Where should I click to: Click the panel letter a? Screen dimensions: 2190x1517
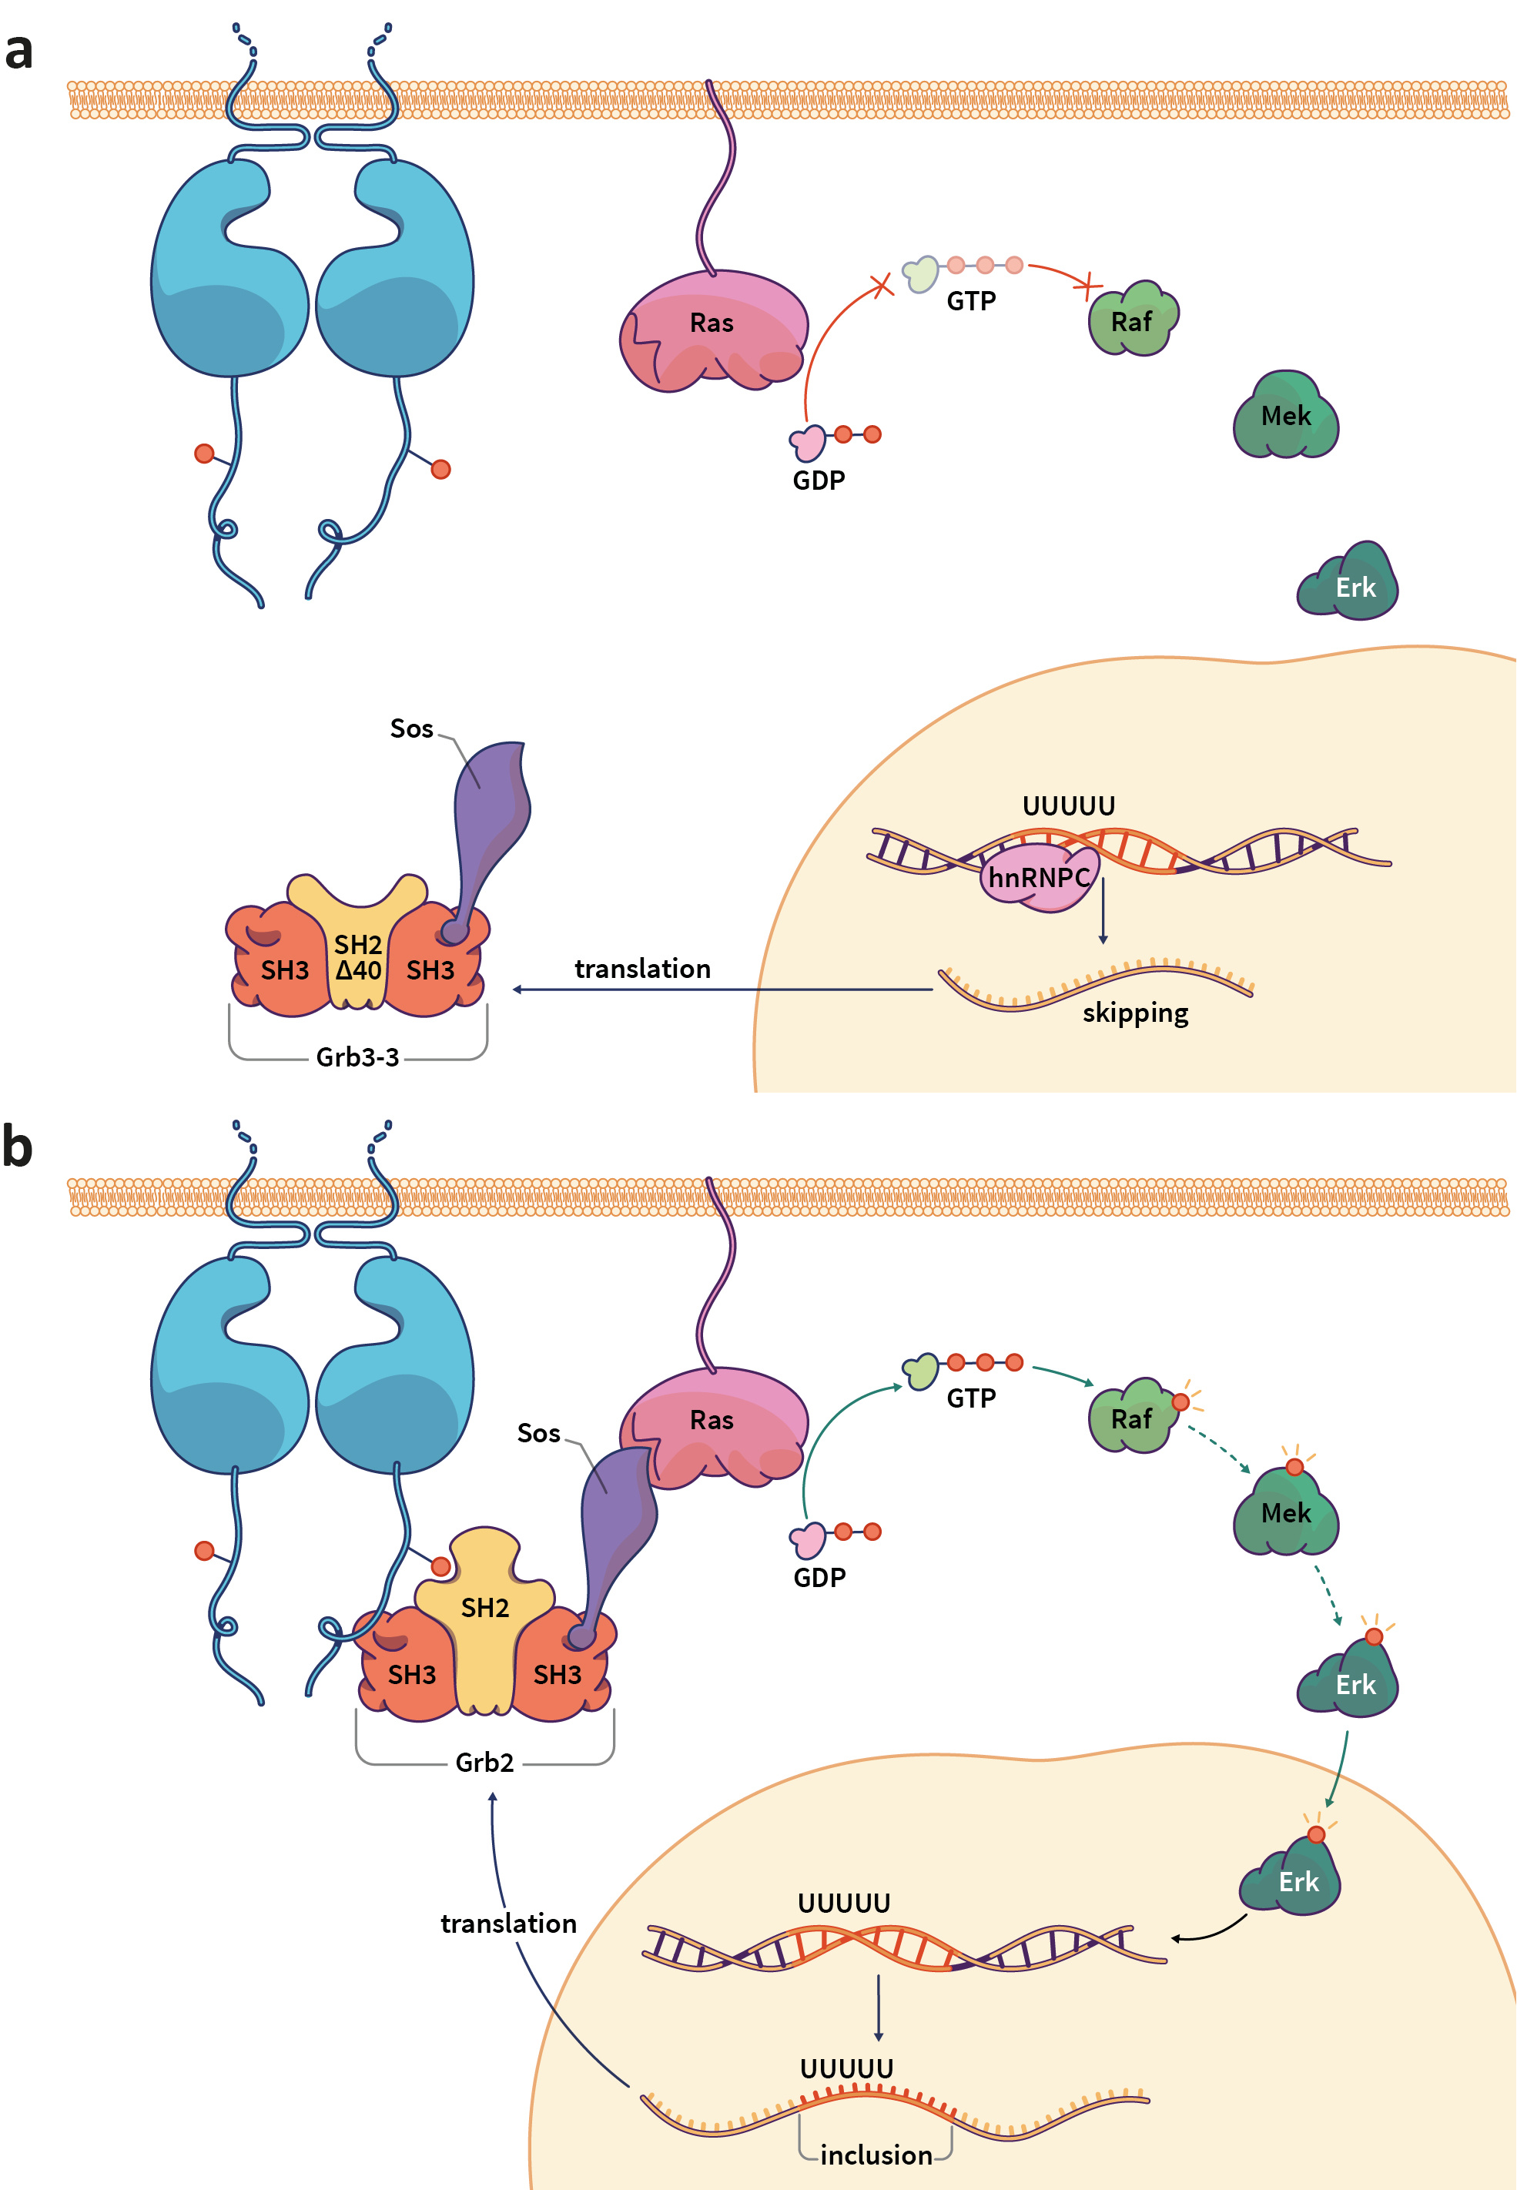click(x=19, y=52)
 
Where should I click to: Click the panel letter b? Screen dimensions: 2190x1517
click(x=17, y=1147)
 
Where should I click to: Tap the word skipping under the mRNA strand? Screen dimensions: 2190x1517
click(x=1135, y=1013)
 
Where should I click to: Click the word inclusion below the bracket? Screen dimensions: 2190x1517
click(x=876, y=2155)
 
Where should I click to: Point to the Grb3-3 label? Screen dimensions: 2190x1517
click(x=357, y=1057)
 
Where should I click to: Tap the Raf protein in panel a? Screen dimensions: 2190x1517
click(x=1131, y=321)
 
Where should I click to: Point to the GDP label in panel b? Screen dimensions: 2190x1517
click(x=819, y=1577)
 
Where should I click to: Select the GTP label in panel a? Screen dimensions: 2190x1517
click(x=970, y=301)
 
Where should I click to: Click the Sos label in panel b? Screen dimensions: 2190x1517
click(x=538, y=1432)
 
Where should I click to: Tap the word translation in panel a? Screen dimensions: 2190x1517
click(x=642, y=969)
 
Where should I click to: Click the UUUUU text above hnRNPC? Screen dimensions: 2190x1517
click(x=1067, y=806)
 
